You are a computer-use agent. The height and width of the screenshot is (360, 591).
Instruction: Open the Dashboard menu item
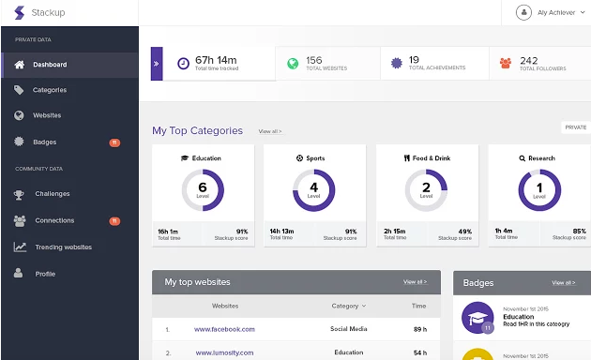point(50,65)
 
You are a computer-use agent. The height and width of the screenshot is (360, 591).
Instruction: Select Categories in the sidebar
point(50,90)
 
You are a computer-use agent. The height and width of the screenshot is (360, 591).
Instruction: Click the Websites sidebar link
point(47,115)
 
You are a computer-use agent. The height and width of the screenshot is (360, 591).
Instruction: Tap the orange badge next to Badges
point(114,142)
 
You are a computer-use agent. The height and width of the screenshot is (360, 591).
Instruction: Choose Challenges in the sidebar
point(53,194)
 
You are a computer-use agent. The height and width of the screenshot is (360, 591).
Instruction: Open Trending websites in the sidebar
point(63,247)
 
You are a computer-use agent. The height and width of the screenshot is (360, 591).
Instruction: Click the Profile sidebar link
point(45,274)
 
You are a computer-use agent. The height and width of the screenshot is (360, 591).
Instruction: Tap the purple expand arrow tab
point(157,64)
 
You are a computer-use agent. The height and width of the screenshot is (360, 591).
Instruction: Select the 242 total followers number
point(528,59)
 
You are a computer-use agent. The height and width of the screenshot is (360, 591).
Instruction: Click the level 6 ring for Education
point(202,190)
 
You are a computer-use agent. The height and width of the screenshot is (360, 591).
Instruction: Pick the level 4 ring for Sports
point(313,190)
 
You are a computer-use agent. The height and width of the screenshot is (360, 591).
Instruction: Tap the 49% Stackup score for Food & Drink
point(464,231)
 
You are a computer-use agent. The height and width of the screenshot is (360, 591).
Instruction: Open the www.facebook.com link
point(224,329)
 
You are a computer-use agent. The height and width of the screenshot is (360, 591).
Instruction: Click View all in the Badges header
point(564,282)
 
